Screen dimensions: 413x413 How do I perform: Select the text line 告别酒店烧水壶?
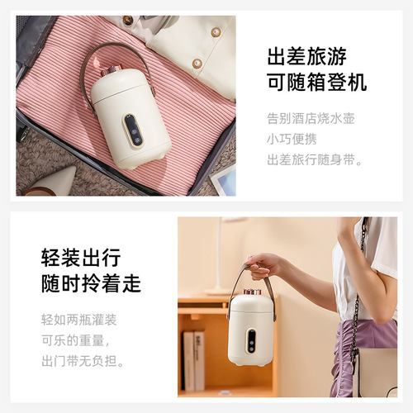click(x=311, y=118)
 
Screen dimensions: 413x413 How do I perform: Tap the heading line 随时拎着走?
click(x=91, y=284)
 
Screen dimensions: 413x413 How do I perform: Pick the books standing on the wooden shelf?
click(x=193, y=359)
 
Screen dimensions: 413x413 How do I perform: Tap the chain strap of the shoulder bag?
click(x=358, y=297)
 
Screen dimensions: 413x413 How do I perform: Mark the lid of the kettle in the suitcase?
click(x=124, y=85)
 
